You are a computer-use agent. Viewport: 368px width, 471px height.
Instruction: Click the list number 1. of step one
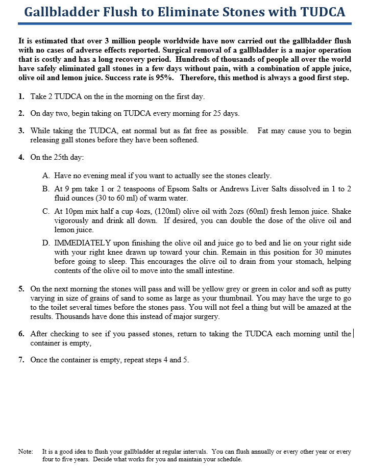pos(21,96)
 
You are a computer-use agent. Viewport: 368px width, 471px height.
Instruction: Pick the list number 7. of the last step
pos(21,360)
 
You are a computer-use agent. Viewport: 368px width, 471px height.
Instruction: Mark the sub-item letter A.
pos(46,176)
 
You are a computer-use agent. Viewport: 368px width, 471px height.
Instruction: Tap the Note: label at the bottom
pos(25,452)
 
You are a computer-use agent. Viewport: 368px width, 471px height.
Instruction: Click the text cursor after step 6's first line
pos(353,334)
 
